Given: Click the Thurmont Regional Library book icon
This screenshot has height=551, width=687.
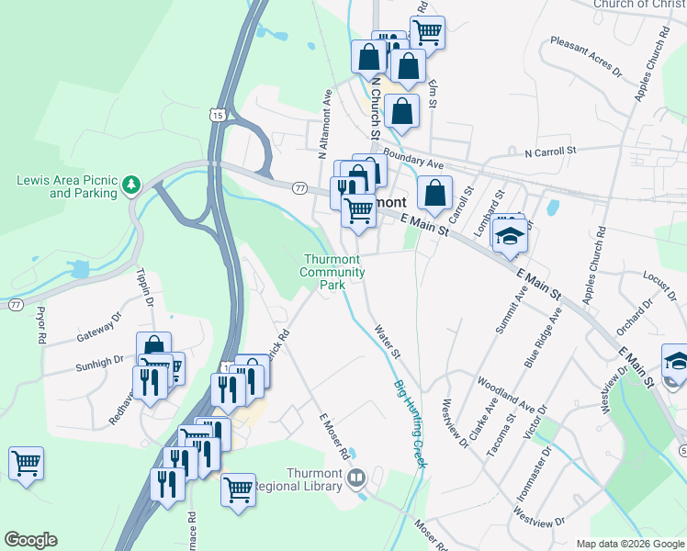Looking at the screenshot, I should pos(355,478).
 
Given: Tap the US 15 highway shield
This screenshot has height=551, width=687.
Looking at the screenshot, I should pos(216,115).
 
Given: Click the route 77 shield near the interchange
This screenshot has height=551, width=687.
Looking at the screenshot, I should pos(299,188).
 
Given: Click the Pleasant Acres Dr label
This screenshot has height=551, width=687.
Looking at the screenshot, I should pos(585,56).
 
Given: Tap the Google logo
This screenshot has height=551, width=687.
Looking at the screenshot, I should pos(30,540).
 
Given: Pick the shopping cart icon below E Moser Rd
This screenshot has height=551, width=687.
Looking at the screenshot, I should pos(238,488).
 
